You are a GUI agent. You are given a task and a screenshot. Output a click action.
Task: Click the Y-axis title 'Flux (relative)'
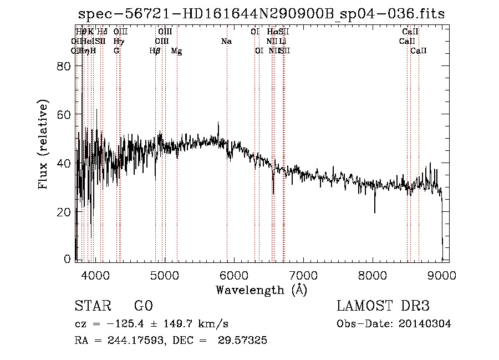(x=43, y=144)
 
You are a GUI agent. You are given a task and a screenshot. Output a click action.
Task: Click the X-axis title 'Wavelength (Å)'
(x=261, y=290)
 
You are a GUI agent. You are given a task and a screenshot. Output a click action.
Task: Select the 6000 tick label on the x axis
(x=233, y=275)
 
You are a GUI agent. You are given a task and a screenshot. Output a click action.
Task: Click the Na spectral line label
(x=226, y=42)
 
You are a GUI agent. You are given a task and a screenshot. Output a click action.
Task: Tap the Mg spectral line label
(x=176, y=51)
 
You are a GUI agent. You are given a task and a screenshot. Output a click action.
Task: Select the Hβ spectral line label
(x=155, y=51)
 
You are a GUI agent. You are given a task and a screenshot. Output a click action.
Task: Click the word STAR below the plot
(x=92, y=306)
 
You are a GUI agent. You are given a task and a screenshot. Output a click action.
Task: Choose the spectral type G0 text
(x=143, y=306)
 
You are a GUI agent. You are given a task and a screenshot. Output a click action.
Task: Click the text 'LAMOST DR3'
(x=383, y=306)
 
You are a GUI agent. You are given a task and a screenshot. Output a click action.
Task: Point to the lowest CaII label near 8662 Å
(x=419, y=51)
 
